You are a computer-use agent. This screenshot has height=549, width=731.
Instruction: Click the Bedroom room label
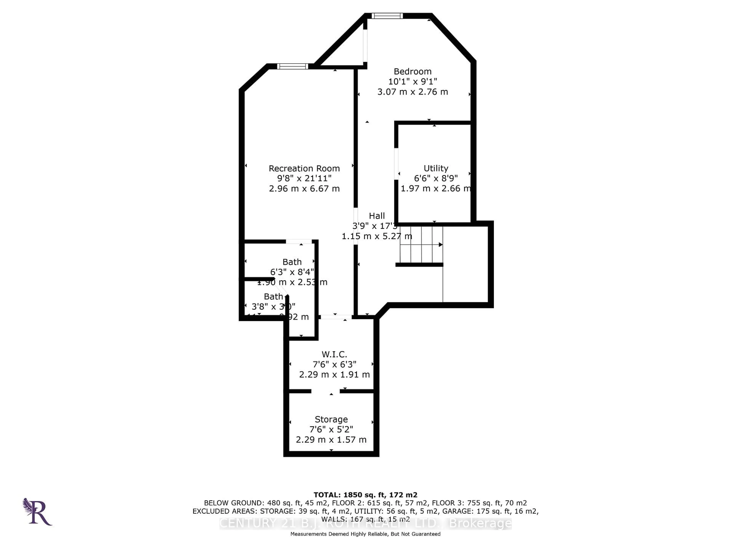pyautogui.click(x=413, y=71)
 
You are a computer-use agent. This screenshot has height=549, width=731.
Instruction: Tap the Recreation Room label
pyautogui.click(x=304, y=169)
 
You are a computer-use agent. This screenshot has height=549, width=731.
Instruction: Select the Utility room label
pyautogui.click(x=436, y=169)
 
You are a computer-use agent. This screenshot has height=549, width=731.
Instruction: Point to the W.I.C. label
pyautogui.click(x=334, y=354)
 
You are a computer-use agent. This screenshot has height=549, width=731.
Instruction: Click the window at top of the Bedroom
pyautogui.click(x=387, y=16)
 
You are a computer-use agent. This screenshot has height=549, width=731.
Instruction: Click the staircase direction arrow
pyautogui.click(x=440, y=245)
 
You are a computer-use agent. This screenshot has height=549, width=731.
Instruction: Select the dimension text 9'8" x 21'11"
pyautogui.click(x=304, y=178)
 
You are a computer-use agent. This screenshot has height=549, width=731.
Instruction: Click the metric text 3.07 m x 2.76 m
pyautogui.click(x=413, y=92)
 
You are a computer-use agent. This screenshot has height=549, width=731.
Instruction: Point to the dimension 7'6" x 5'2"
pyautogui.click(x=331, y=429)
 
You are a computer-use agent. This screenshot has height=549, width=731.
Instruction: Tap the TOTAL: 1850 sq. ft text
pyautogui.click(x=365, y=495)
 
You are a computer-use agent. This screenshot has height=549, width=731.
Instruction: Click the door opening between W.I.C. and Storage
pyautogui.click(x=326, y=391)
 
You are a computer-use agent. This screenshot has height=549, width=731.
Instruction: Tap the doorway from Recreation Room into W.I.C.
pyautogui.click(x=336, y=317)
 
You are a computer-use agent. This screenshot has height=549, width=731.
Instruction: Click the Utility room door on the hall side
pyautogui.click(x=396, y=164)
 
